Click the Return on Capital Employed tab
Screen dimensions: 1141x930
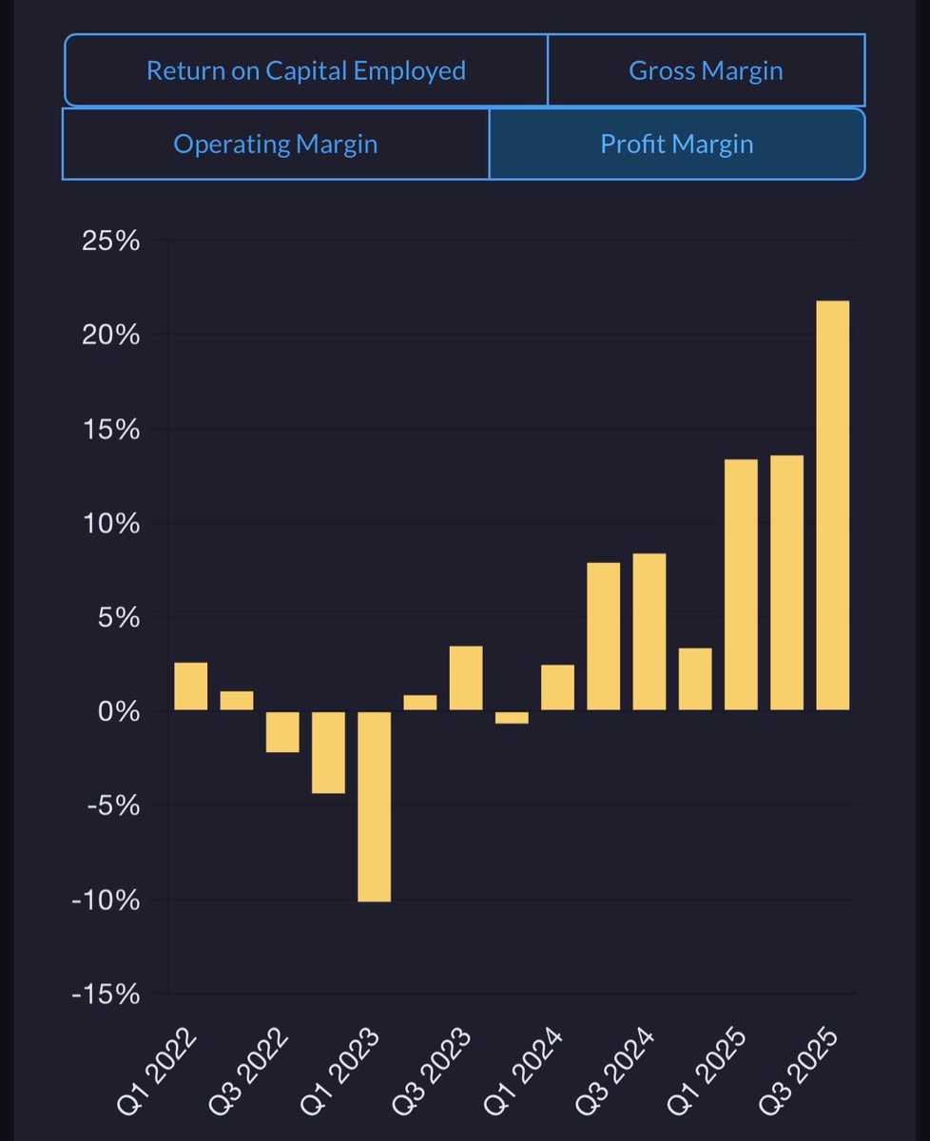[305, 70]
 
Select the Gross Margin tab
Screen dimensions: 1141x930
[706, 70]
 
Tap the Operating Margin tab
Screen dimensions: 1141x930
[276, 145]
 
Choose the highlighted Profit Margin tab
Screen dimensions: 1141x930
[677, 145]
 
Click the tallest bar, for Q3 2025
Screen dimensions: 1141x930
[832, 505]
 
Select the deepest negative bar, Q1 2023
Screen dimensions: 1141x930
[374, 805]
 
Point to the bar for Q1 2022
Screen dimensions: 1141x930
[191, 687]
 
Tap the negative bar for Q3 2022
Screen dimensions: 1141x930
[282, 731]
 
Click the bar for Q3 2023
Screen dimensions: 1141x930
[466, 678]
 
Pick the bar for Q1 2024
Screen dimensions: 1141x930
[557, 687]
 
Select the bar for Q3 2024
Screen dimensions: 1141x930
[649, 631]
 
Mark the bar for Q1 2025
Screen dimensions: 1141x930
[741, 585]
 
